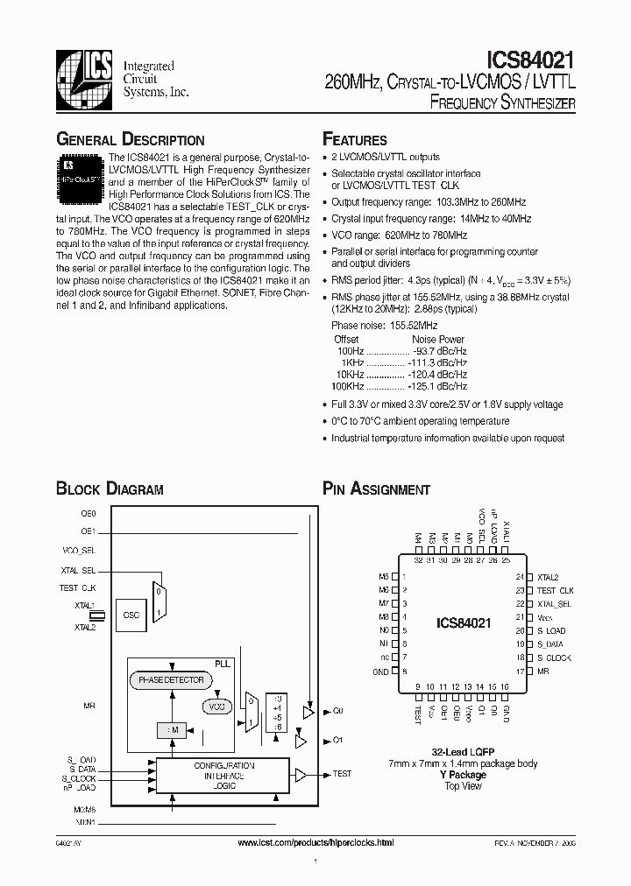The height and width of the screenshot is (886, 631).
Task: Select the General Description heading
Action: point(131,139)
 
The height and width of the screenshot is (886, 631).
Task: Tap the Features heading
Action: point(355,139)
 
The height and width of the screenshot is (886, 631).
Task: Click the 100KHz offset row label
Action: point(347,386)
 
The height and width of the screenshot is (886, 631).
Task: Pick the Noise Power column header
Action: point(438,339)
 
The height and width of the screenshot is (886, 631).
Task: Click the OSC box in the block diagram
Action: point(132,615)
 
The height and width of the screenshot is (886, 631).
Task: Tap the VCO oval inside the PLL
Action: point(216,706)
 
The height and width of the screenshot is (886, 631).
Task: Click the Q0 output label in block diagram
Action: point(337,711)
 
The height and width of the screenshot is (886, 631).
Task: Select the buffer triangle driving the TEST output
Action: point(300,775)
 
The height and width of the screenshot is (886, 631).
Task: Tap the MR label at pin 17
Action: point(542,672)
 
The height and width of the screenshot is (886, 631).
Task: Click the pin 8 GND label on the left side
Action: point(380,672)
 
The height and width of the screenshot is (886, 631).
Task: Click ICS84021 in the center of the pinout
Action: point(464,623)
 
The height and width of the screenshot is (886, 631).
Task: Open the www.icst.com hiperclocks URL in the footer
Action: point(315,842)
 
